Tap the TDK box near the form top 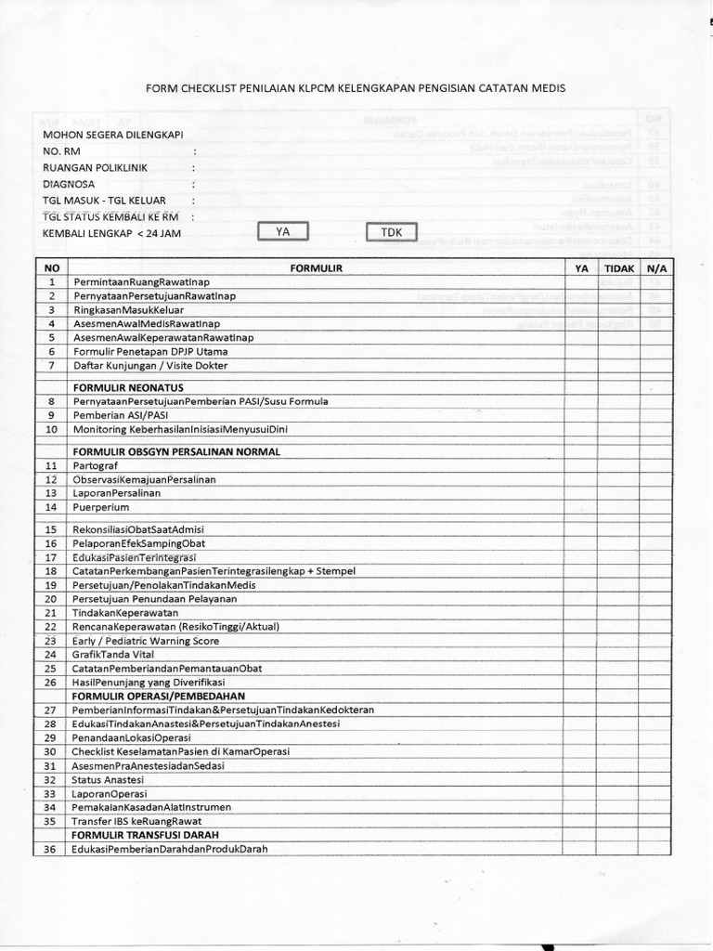392,232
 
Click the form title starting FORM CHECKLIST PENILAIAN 356,88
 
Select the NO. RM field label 63,150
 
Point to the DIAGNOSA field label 69,184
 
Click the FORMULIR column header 317,267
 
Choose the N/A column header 655,267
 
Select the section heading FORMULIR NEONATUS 128,386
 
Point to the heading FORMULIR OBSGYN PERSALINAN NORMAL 175,450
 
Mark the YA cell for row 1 581,281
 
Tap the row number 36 51,849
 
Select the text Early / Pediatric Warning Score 146,641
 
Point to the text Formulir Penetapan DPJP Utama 149,352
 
